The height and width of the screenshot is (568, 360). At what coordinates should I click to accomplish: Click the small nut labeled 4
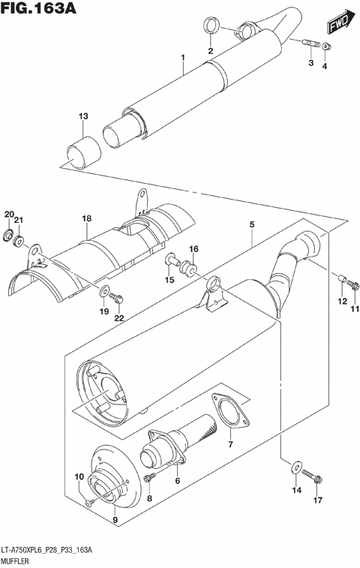click(x=325, y=49)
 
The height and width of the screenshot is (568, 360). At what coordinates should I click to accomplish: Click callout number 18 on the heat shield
click(x=87, y=218)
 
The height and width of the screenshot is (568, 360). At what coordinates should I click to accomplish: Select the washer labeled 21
click(x=20, y=242)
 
